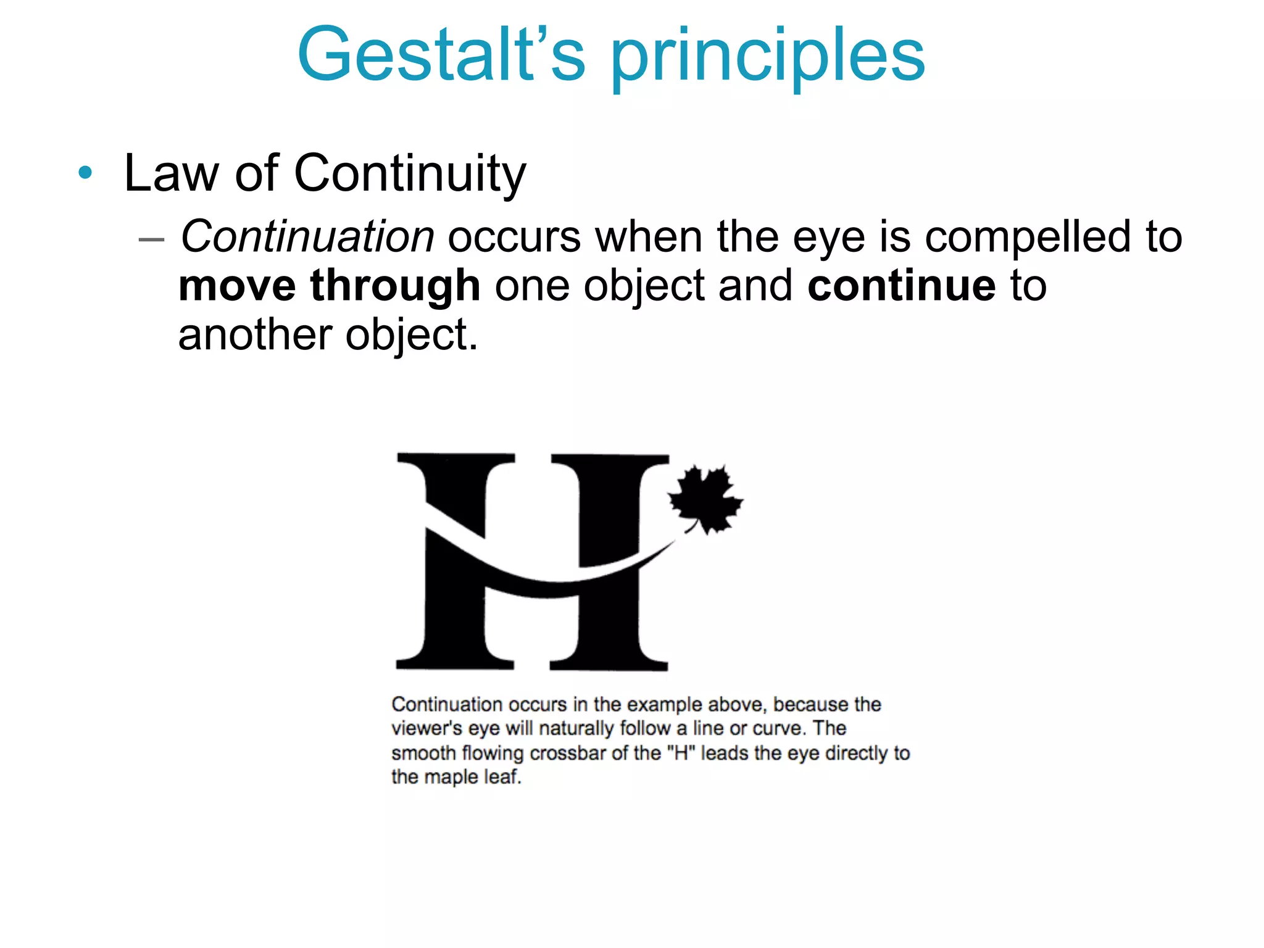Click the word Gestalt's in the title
point(441,56)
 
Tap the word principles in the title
point(768,59)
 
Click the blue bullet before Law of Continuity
point(85,173)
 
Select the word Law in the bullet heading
point(170,173)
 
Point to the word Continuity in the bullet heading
point(410,175)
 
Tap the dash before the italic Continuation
point(151,239)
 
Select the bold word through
point(395,286)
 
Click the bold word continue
point(901,285)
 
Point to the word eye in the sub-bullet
point(828,239)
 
